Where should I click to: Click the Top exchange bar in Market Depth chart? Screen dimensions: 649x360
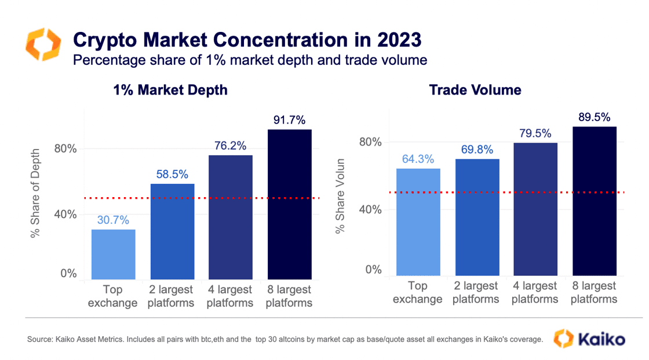[114, 254]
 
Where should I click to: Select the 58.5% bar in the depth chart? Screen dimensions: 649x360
[172, 231]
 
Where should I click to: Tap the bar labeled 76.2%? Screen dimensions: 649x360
[231, 217]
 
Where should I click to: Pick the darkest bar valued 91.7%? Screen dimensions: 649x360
[290, 204]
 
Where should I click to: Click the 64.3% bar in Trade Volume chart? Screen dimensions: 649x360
[418, 222]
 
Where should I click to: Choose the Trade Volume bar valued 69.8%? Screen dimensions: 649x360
[477, 217]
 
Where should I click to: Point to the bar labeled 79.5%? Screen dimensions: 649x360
[535, 209]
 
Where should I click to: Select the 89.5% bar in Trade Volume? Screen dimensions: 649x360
[595, 201]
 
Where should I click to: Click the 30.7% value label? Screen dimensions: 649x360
[113, 220]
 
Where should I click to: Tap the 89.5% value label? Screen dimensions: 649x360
[595, 117]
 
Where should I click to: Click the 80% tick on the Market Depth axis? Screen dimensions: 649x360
[65, 149]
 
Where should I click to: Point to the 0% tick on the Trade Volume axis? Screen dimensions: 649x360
[373, 270]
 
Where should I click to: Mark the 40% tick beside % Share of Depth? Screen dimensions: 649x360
[65, 214]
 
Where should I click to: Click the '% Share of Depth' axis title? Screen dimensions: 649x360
[35, 193]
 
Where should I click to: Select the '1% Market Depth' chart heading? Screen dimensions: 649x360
[170, 90]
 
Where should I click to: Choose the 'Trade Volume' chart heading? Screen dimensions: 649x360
[475, 90]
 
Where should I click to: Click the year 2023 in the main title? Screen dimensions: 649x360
[399, 40]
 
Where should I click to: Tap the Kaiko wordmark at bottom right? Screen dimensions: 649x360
[601, 339]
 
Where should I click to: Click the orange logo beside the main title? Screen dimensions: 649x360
[43, 45]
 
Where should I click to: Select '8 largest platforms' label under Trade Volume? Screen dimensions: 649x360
[594, 293]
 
